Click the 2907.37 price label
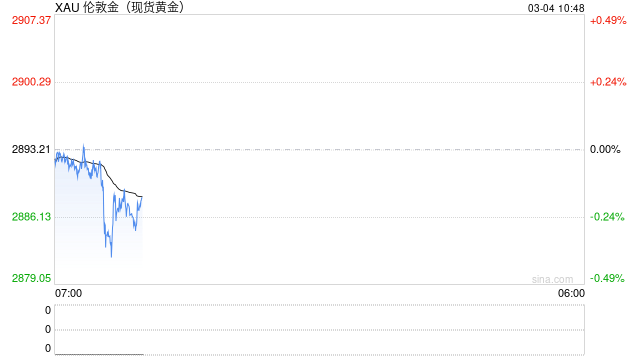click(x=31, y=20)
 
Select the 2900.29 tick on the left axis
click(x=31, y=82)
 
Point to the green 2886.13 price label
click(x=31, y=217)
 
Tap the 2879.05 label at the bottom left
click(x=31, y=279)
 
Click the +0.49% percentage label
click(x=607, y=20)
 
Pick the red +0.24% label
click(x=607, y=82)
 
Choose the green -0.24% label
click(x=607, y=217)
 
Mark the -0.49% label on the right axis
click(x=607, y=279)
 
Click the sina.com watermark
click(x=552, y=279)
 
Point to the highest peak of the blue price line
click(x=83, y=144)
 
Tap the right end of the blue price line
click(x=142, y=198)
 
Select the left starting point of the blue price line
click(x=55, y=156)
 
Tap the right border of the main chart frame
click(x=584, y=150)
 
